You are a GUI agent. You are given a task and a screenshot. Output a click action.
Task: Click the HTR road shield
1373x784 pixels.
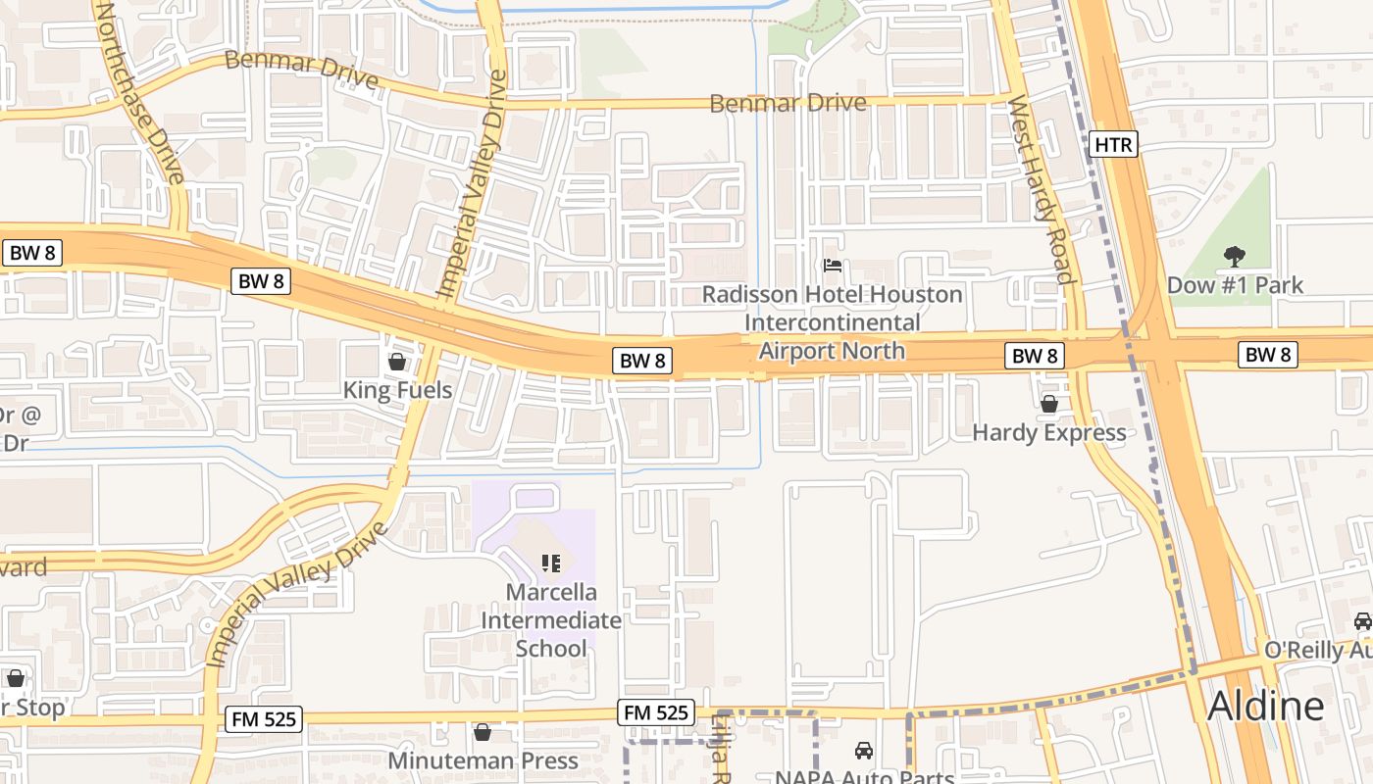pyautogui.click(x=1113, y=145)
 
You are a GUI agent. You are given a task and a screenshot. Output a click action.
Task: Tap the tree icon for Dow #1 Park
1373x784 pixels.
pyautogui.click(x=1234, y=257)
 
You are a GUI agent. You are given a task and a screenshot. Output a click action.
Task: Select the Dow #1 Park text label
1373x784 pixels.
pyautogui.click(x=1235, y=285)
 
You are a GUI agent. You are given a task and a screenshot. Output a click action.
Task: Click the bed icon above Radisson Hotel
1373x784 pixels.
pyautogui.click(x=833, y=266)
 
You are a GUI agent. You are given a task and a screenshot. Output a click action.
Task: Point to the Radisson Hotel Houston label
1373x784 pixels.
pyautogui.click(x=833, y=294)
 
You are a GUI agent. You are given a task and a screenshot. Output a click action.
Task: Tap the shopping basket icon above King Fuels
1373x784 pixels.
pyautogui.click(x=397, y=362)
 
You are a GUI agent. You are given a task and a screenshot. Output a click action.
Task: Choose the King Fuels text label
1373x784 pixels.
pyautogui.click(x=397, y=390)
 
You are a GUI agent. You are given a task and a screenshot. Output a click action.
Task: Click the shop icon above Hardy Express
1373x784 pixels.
pyautogui.click(x=1048, y=404)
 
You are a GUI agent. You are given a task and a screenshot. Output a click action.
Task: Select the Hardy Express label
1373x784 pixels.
pyautogui.click(x=1048, y=432)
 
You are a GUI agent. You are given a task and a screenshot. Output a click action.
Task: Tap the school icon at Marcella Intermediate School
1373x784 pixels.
pyautogui.click(x=551, y=563)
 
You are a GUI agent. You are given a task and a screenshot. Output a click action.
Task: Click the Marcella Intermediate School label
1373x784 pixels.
pyautogui.click(x=551, y=619)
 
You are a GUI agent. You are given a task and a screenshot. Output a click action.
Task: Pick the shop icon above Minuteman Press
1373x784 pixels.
pyautogui.click(x=483, y=732)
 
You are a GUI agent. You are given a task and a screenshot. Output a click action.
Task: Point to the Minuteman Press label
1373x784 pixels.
pyautogui.click(x=483, y=760)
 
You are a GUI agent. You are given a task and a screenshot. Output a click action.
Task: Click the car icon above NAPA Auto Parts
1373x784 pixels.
pyautogui.click(x=864, y=751)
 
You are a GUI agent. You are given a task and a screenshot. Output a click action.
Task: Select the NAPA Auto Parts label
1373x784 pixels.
pyautogui.click(x=864, y=777)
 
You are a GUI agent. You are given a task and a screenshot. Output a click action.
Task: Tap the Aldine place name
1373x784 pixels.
pyautogui.click(x=1265, y=705)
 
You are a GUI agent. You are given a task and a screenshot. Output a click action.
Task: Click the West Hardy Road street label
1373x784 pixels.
pyautogui.click(x=1042, y=190)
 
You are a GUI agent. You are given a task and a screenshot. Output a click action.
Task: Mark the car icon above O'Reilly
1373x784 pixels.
pyautogui.click(x=1362, y=620)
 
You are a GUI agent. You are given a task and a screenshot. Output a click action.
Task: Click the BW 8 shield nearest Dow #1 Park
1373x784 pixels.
pyautogui.click(x=1267, y=355)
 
